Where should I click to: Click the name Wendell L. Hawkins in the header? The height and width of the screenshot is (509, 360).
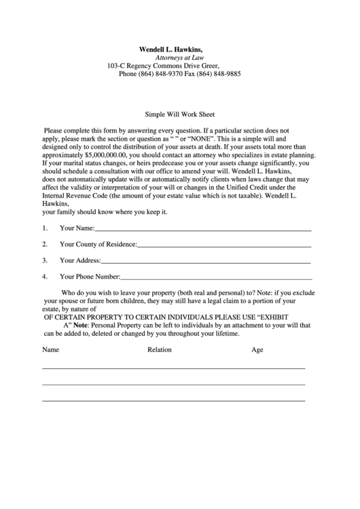click(x=170, y=50)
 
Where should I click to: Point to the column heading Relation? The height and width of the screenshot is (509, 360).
click(x=160, y=350)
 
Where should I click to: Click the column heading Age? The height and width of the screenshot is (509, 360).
click(x=257, y=350)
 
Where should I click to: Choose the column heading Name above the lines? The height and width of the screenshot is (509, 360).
click(x=51, y=350)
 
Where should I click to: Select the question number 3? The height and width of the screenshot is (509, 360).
click(x=44, y=260)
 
